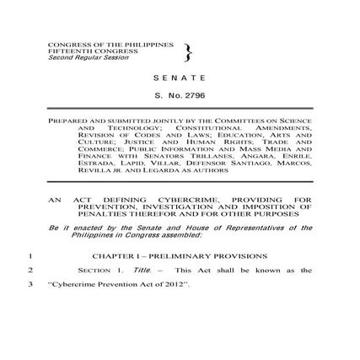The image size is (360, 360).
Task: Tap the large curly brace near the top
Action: [x=187, y=53]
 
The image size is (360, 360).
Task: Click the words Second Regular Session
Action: [x=77, y=56]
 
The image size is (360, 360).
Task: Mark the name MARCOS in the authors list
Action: [x=294, y=161]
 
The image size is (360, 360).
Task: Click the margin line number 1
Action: [x=30, y=255]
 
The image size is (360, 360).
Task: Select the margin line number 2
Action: [x=30, y=270]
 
